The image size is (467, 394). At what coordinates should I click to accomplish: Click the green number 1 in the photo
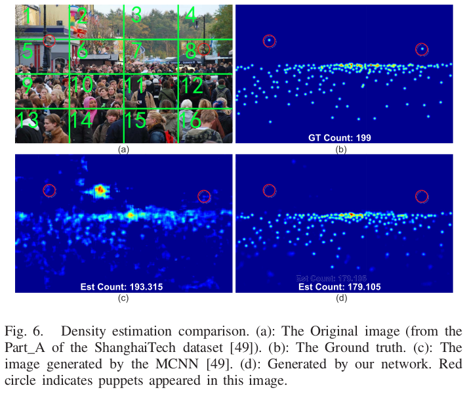(x=26, y=12)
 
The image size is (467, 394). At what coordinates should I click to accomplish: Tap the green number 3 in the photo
(x=136, y=13)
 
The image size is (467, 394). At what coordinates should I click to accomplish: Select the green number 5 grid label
(x=27, y=51)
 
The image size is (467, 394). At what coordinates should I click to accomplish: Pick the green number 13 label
(x=27, y=120)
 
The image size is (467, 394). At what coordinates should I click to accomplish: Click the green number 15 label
(x=134, y=120)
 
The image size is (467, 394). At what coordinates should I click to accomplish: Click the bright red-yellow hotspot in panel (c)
(x=100, y=190)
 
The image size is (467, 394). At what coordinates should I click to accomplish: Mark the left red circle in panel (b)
(x=270, y=41)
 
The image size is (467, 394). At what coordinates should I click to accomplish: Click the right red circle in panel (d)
(x=422, y=196)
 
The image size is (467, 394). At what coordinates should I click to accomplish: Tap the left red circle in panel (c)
(x=50, y=190)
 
